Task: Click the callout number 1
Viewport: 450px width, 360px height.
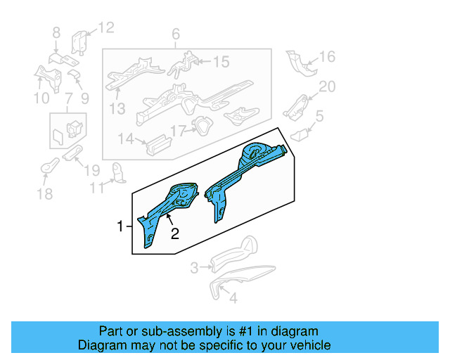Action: click(x=120, y=226)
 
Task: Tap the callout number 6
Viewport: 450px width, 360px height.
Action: click(x=176, y=34)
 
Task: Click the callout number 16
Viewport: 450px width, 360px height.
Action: click(x=328, y=57)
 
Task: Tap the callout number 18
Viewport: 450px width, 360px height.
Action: click(x=45, y=194)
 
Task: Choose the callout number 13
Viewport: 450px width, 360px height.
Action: click(x=117, y=108)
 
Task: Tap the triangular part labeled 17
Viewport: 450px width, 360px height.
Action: click(x=202, y=127)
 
